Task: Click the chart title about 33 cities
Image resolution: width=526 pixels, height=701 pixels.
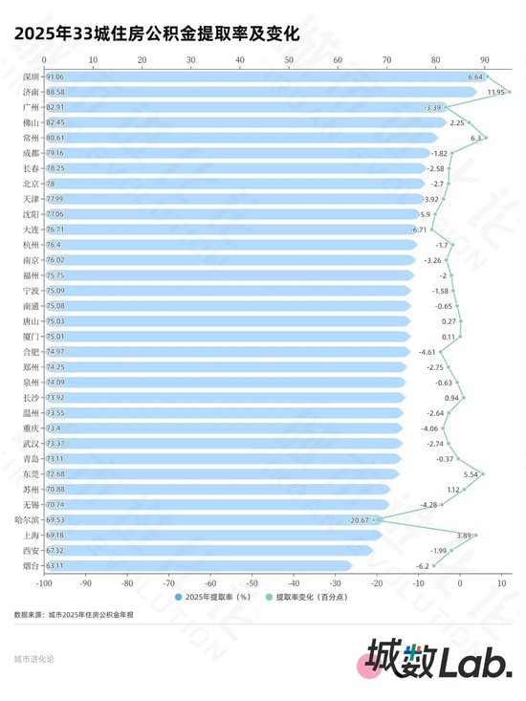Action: click(x=157, y=33)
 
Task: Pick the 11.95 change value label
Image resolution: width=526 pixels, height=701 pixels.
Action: click(x=495, y=92)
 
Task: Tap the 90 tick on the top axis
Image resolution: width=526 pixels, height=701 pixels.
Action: click(x=486, y=60)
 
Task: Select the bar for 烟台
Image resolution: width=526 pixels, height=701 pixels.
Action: click(x=191, y=565)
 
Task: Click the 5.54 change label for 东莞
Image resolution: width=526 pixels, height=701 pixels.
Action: click(x=470, y=473)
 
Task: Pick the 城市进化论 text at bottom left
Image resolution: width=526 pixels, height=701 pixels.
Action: click(x=34, y=659)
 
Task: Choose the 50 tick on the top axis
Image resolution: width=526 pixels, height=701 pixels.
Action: click(x=289, y=60)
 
